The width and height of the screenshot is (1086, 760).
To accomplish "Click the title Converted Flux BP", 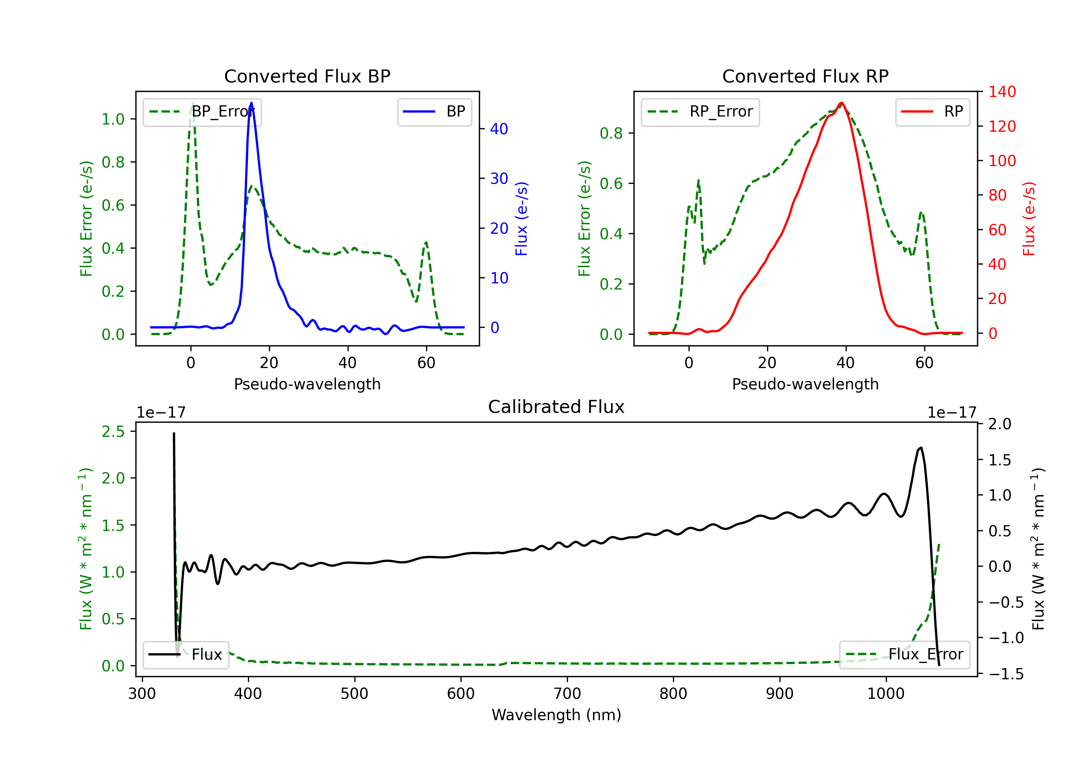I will [307, 76].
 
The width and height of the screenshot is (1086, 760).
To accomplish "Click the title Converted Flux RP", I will [805, 76].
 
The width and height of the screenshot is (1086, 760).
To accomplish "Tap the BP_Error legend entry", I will [202, 111].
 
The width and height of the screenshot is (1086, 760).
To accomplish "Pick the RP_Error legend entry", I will [700, 111].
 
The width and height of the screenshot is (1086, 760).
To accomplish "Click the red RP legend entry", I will [932, 111].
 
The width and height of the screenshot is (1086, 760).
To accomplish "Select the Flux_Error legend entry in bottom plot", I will [904, 655].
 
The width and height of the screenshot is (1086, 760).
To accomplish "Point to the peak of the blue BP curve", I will [251, 103].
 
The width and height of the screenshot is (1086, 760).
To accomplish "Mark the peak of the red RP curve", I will [841, 103].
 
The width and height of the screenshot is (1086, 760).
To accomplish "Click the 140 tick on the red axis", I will [1002, 92].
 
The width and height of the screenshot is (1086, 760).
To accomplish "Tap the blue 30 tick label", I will [499, 178].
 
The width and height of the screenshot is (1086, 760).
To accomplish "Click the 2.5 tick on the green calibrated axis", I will [114, 431].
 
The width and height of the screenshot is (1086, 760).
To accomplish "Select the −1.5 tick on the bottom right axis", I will [1006, 674].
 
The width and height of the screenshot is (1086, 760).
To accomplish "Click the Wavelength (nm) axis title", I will [556, 715].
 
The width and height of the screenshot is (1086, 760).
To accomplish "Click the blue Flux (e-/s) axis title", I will [521, 219].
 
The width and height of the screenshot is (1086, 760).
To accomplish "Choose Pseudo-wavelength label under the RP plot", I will [805, 384].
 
